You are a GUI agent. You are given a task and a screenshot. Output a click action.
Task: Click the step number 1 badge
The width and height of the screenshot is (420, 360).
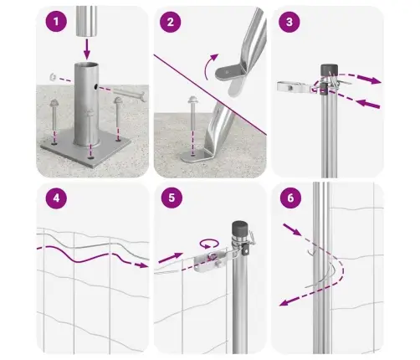56,21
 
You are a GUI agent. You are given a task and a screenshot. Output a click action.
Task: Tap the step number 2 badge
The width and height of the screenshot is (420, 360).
171,22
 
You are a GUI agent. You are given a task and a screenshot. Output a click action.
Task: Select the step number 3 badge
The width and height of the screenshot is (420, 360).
289,22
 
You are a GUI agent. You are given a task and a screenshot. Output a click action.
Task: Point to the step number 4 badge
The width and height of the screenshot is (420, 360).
56,198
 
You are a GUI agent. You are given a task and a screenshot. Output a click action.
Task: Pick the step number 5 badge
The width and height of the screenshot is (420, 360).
172,198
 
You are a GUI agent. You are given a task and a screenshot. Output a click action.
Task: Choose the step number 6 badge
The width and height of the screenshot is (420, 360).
290,198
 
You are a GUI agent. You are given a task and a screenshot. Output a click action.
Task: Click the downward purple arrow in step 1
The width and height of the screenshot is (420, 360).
87,49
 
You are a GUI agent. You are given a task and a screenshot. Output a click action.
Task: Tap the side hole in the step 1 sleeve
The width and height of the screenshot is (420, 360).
95,87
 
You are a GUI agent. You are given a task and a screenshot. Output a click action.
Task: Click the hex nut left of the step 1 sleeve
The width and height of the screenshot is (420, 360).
53,76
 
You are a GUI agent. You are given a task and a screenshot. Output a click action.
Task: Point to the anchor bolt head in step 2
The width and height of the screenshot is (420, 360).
192,100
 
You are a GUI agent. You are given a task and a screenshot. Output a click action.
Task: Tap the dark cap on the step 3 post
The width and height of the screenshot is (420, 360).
329,69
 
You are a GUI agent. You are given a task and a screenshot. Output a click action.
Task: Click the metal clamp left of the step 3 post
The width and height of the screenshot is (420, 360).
294,87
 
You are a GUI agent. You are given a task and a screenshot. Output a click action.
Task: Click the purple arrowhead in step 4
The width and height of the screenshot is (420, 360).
143,265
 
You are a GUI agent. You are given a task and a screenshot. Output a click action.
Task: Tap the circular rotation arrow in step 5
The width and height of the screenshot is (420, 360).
209,244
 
